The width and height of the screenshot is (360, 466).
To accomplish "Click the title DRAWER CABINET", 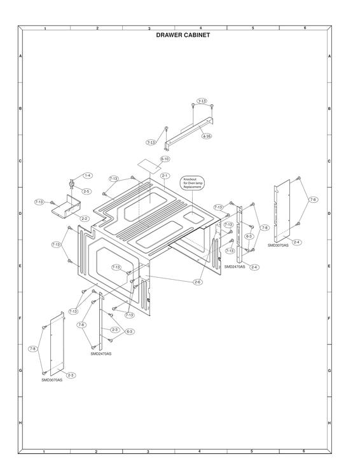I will pos(183,36).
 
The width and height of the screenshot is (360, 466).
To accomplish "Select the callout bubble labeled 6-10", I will pos(165,158).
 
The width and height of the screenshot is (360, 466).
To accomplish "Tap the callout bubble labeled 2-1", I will pos(165,175).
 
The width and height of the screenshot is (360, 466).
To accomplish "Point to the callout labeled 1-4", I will pos(87,175).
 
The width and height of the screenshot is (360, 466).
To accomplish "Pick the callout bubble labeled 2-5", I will pos(86,191).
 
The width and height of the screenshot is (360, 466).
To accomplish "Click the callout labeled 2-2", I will pos(84,218).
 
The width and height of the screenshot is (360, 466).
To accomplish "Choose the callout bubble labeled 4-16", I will pos(207,136).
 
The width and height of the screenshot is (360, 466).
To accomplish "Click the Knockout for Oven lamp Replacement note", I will pos(193,182).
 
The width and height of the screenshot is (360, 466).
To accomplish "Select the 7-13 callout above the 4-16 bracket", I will pos(202,101).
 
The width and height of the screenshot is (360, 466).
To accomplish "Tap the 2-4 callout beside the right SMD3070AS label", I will pos(297,242).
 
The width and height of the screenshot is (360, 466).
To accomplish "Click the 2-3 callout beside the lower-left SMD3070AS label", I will pos(71,375).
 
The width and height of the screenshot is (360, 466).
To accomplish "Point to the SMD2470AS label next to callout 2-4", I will pos(235,267).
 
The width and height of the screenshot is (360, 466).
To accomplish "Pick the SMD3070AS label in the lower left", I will pos(52,380).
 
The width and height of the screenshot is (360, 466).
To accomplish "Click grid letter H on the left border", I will pos(20,423).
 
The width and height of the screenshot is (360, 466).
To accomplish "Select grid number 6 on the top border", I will pos(305,29).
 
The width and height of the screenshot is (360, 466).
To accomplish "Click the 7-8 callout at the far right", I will pos(313,200).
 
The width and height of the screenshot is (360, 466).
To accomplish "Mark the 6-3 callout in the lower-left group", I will pos(130,331).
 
